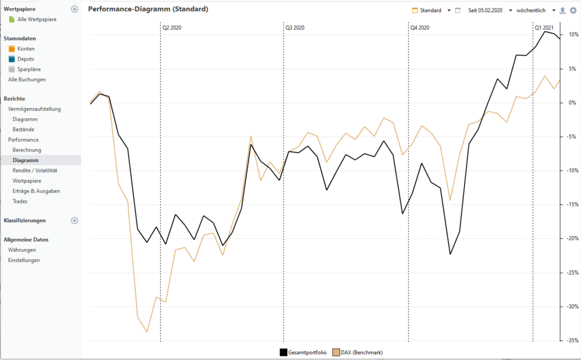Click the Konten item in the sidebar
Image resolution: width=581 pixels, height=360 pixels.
click(26, 49)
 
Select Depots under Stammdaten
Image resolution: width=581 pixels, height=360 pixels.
click(26, 59)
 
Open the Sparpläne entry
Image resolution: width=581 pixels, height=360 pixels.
click(29, 69)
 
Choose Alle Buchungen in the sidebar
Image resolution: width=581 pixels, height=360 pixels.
click(27, 79)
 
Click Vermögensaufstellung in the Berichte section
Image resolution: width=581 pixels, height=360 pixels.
click(34, 109)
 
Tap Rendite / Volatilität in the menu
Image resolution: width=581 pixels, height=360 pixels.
click(35, 171)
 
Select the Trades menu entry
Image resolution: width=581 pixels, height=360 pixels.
click(20, 201)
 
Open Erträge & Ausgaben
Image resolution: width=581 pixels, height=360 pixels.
click(36, 191)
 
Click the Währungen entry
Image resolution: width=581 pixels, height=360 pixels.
click(22, 250)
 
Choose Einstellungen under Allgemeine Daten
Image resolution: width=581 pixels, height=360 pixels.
click(24, 260)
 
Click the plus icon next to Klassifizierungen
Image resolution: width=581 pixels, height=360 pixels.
click(75, 221)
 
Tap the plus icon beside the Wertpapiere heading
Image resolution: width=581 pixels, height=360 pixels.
click(75, 9)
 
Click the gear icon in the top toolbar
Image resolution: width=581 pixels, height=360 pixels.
click(573, 10)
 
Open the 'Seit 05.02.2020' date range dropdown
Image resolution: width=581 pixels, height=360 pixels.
click(489, 10)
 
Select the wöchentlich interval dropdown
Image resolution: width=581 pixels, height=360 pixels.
click(535, 10)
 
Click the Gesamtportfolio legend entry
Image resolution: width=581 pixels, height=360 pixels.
click(303, 352)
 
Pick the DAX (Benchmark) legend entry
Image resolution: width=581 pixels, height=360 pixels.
click(357, 352)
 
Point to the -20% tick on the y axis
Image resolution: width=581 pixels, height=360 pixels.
click(573, 238)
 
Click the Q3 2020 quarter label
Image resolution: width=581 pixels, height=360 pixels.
click(295, 28)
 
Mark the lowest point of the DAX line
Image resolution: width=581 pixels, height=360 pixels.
click(147, 331)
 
